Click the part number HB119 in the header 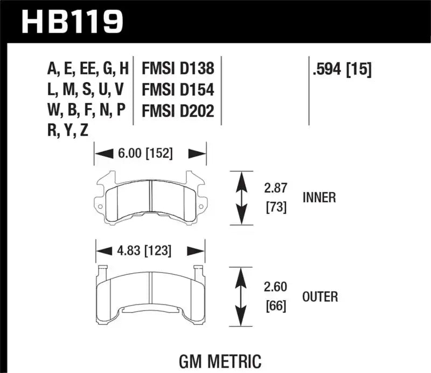pos(72,22)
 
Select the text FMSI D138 pos(178,69)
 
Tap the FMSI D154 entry pos(178,90)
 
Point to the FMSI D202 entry pos(178,111)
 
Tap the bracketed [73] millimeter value pos(275,207)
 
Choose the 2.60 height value pos(275,287)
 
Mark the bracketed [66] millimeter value pos(275,306)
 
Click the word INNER pos(318,198)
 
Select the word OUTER pos(319,296)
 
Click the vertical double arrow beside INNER pos(242,198)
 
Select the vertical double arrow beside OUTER pos(242,296)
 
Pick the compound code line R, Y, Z pos(67,131)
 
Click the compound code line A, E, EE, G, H pos(88,69)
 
